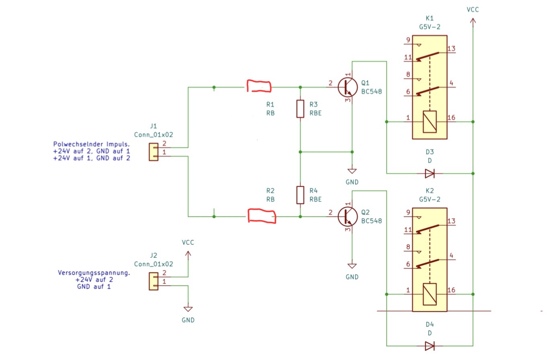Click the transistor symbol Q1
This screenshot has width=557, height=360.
(348, 87)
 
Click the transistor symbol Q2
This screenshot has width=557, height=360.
(348, 217)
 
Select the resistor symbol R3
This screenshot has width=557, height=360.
(300, 109)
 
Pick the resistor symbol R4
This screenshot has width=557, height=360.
(300, 195)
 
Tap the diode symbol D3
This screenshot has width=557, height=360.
(430, 174)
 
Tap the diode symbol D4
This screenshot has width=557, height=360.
(430, 346)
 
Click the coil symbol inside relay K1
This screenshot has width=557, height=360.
(430, 122)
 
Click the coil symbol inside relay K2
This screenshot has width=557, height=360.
(430, 294)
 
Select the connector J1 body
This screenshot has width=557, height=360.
(154, 152)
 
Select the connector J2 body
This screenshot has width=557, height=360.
(154, 281)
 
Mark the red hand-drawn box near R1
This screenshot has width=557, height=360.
(259, 86)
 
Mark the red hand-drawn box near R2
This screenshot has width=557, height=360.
(262, 216)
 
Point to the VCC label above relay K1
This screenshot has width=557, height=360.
(473, 10)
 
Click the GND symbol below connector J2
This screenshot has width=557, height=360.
(188, 309)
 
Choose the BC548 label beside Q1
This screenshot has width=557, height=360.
(371, 92)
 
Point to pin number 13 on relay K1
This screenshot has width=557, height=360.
(451, 49)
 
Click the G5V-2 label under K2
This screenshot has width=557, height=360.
(430, 199)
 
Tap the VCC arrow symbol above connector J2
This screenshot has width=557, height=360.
(188, 255)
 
